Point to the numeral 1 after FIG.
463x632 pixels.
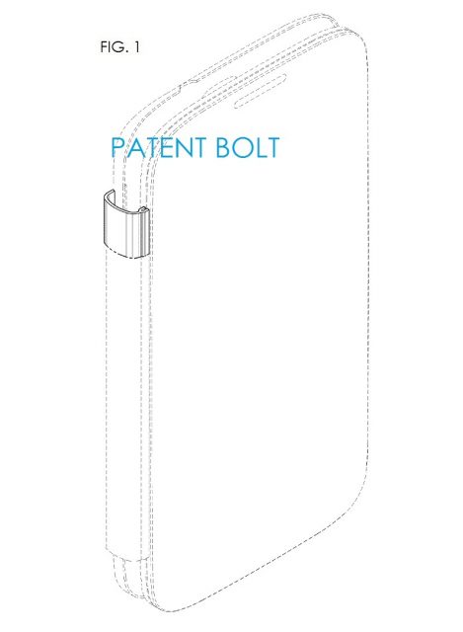[x=136, y=47]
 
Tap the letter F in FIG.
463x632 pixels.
[x=104, y=47]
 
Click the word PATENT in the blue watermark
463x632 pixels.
[x=159, y=147]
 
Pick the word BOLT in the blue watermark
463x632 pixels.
[x=248, y=147]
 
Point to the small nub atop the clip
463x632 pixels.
[x=144, y=209]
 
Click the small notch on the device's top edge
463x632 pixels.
[x=193, y=81]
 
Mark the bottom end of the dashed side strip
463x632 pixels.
[x=125, y=553]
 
